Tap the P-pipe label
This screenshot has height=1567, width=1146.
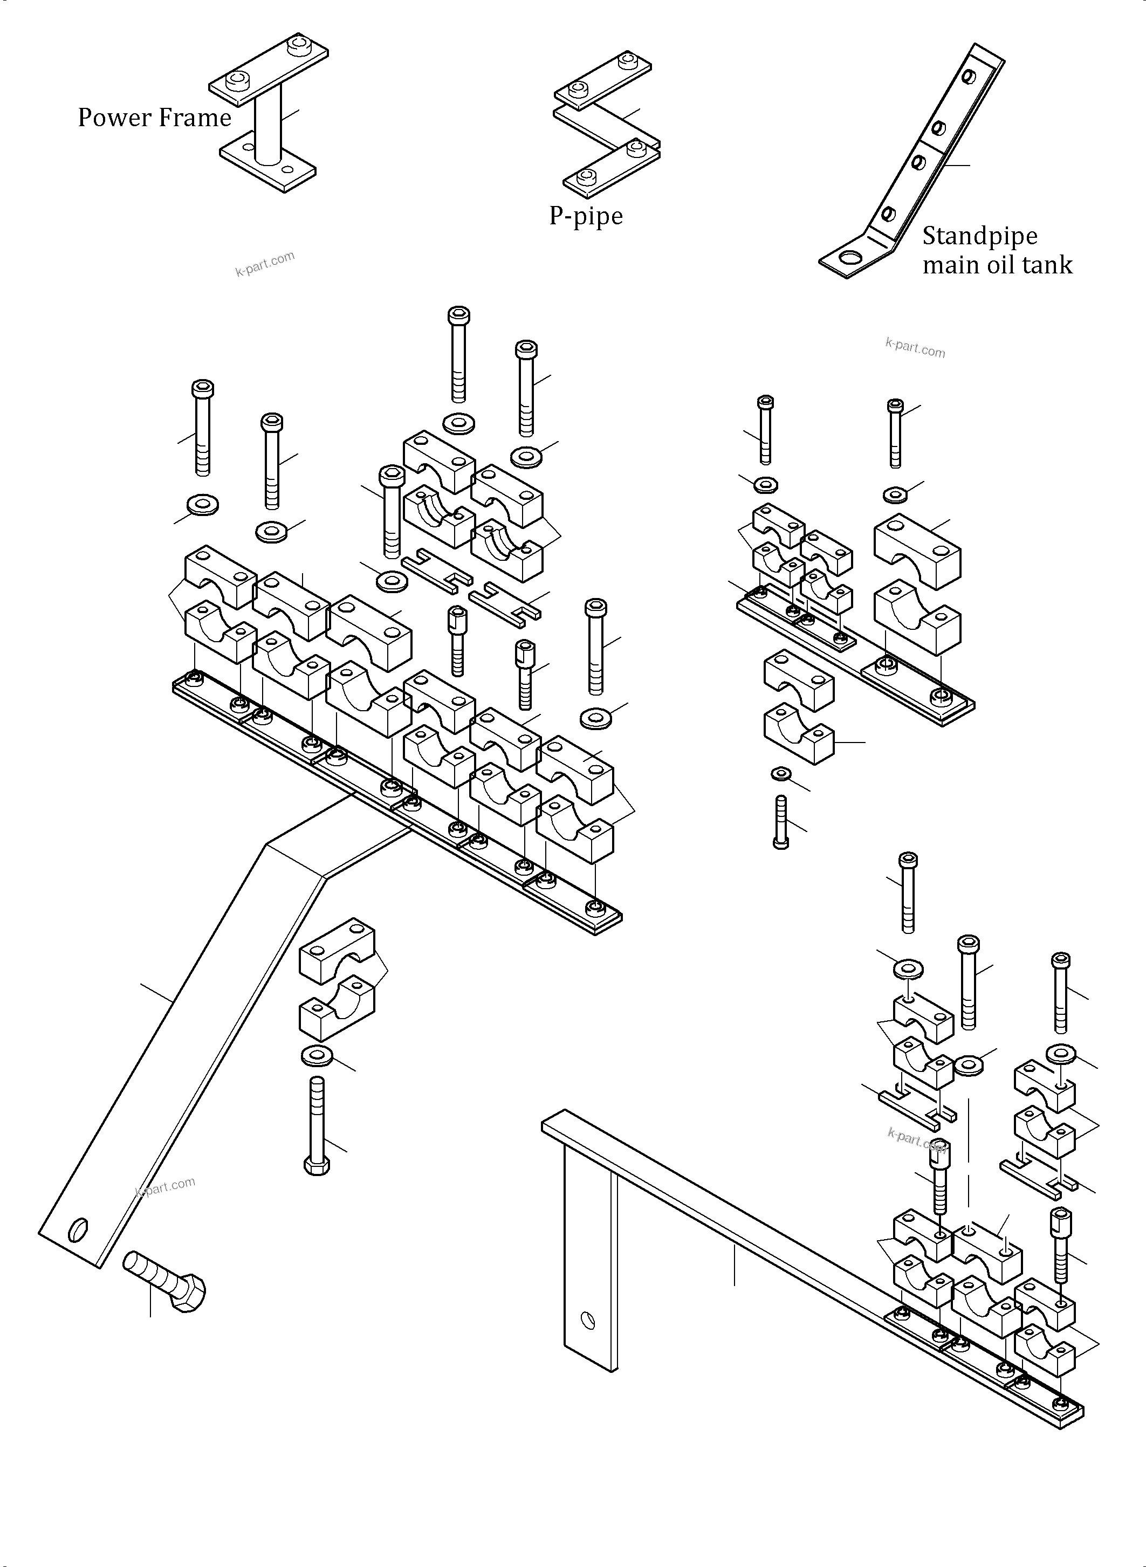tap(586, 216)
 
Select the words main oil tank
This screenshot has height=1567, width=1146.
tap(997, 265)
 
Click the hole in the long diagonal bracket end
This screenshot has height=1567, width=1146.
tap(78, 1229)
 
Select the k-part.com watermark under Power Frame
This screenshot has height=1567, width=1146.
tap(265, 264)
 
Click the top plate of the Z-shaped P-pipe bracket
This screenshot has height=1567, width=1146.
tap(602, 80)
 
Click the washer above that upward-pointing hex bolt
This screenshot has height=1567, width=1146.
tap(317, 1056)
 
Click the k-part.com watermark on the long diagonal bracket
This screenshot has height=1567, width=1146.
tap(165, 1186)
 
